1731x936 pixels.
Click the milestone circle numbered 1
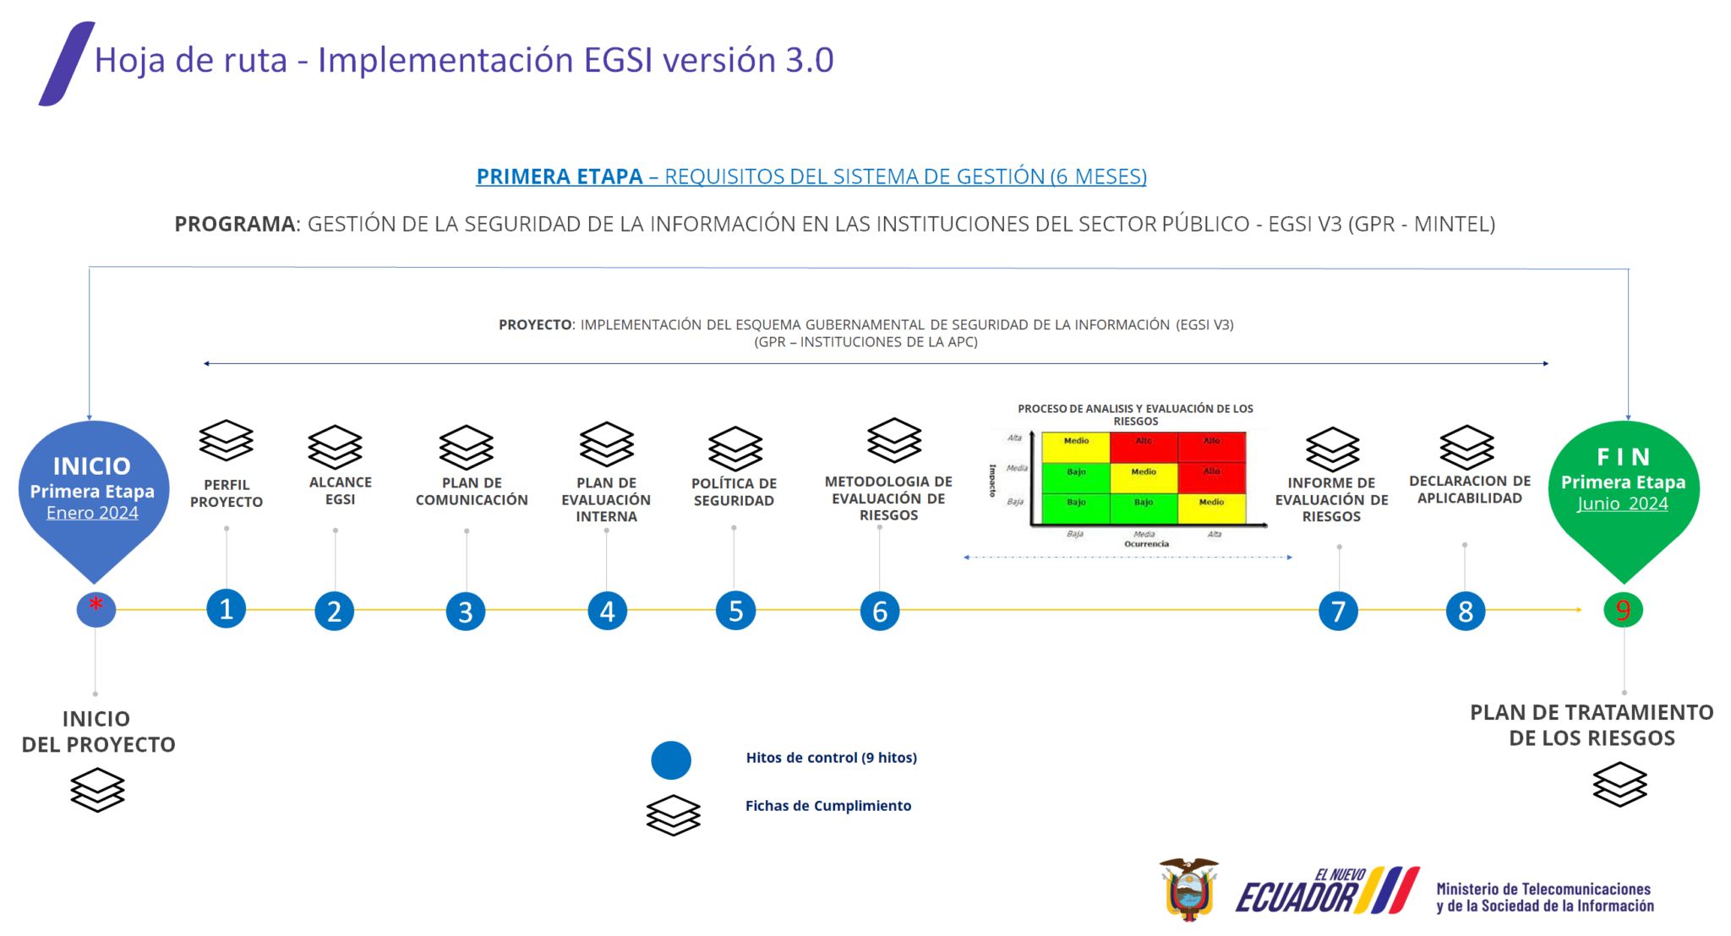[226, 609]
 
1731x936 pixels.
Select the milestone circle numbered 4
[607, 611]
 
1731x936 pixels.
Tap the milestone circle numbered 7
[1338, 611]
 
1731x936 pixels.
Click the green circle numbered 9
[1623, 610]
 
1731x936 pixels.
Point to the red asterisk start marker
[96, 607]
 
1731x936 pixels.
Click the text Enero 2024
[92, 513]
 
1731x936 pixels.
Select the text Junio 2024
[1622, 503]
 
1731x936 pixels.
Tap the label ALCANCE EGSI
[340, 491]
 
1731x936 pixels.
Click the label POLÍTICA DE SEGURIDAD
[734, 492]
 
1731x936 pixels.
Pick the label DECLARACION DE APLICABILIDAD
[1470, 489]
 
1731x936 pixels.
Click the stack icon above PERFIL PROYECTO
[226, 440]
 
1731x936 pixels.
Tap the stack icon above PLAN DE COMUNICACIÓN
[466, 447]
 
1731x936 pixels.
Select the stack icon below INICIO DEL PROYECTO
[97, 790]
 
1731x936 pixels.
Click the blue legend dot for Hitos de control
[671, 760]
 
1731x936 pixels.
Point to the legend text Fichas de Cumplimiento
[827, 806]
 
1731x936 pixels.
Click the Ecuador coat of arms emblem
[1189, 889]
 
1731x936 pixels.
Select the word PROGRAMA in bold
[235, 224]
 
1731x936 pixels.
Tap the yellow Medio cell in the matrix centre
[1143, 472]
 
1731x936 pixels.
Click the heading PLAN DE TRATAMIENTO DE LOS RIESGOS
[1592, 725]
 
